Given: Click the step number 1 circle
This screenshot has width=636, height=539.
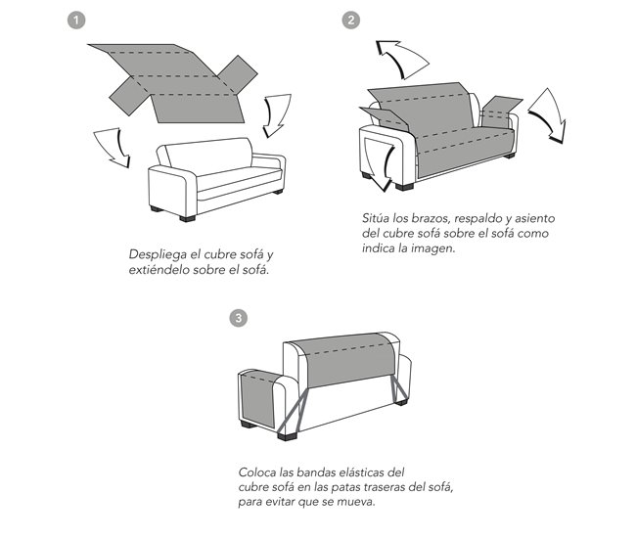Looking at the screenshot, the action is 76,21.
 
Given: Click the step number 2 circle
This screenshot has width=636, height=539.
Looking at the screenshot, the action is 351,20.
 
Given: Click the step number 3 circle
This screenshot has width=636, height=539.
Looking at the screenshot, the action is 238,318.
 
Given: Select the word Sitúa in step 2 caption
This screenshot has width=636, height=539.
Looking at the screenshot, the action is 376,218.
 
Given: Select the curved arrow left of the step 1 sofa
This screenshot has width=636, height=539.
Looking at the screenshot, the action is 114,147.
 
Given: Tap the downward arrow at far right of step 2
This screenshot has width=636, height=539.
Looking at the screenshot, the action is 548,116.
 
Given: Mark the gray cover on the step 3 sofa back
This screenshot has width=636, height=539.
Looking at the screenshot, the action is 343,359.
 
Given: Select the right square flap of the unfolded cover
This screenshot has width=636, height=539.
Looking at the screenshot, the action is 238,74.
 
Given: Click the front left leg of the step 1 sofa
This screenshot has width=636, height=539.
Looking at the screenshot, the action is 188,218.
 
